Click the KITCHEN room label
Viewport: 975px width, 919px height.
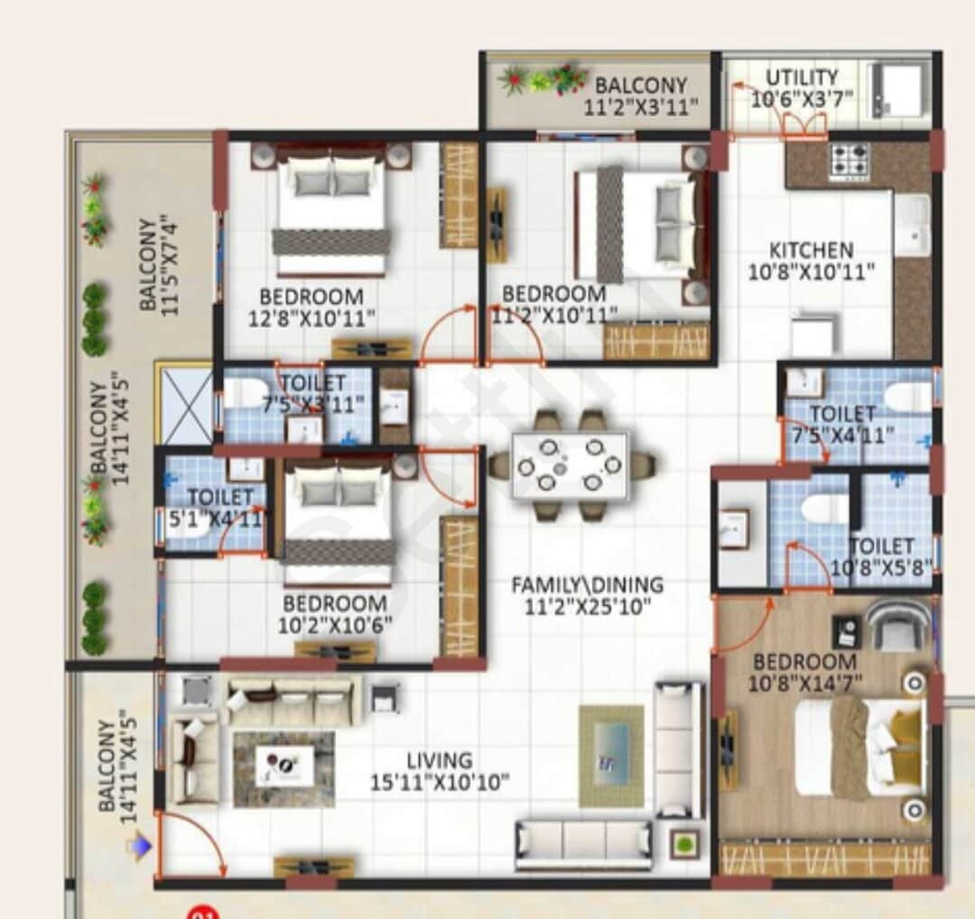(811, 250)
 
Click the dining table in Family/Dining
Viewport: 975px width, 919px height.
(570, 465)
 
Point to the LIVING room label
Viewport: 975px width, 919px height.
(439, 760)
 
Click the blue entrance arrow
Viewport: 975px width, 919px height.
(138, 846)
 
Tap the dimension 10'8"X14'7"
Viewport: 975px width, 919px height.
(804, 684)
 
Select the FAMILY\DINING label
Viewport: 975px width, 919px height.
(587, 585)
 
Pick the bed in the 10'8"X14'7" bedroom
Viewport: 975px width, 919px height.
(858, 748)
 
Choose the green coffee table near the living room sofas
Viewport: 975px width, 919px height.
(611, 756)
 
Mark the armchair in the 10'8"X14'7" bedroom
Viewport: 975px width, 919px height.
(897, 625)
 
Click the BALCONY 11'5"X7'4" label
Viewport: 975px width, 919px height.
(160, 262)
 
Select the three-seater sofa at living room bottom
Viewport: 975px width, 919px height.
(584, 843)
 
